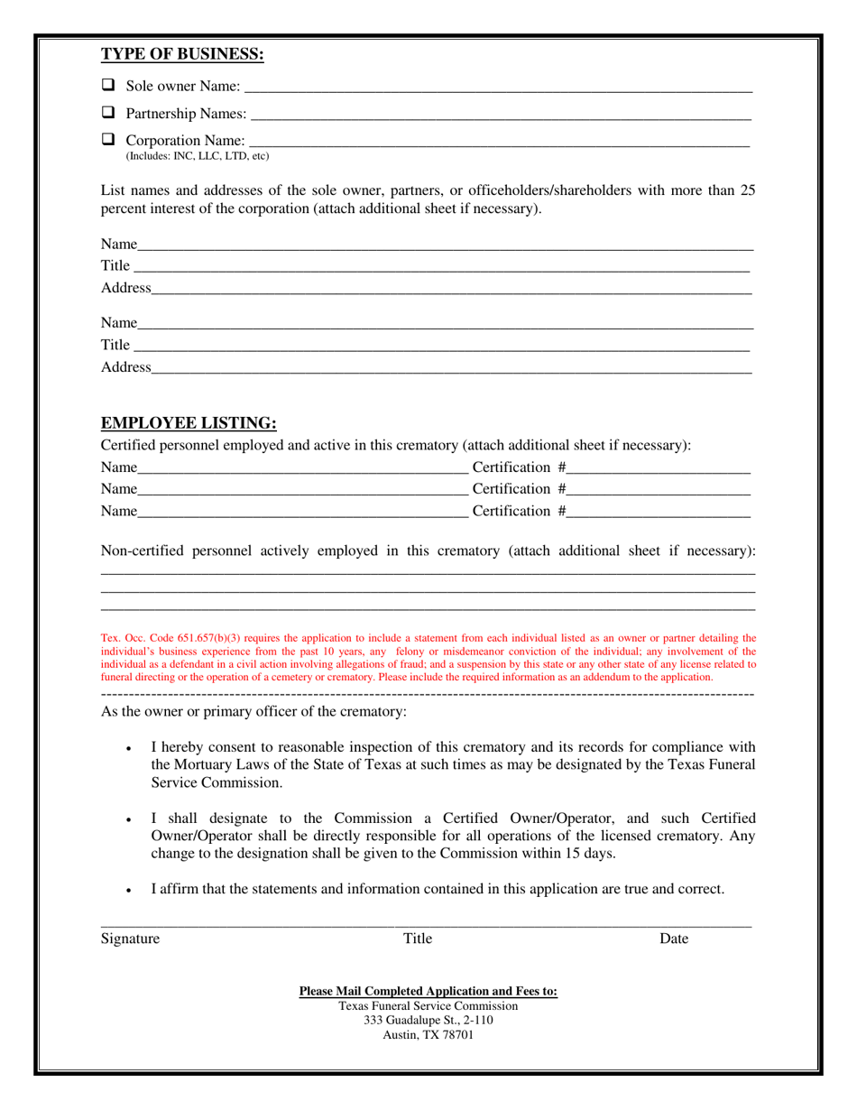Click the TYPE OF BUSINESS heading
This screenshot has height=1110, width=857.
[x=181, y=54]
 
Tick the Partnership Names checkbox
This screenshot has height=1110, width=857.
[x=108, y=113]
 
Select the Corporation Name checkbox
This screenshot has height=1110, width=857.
[x=108, y=140]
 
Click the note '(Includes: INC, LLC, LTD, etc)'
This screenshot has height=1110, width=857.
[x=197, y=156]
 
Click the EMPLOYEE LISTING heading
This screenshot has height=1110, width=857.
[x=188, y=422]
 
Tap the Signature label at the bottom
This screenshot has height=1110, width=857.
[x=130, y=939]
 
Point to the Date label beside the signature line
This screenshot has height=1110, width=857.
[x=674, y=939]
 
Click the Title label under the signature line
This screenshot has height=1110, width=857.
[x=417, y=939]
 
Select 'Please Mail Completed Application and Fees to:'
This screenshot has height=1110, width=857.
[x=428, y=991]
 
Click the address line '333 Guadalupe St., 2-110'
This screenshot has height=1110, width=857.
[x=428, y=1020]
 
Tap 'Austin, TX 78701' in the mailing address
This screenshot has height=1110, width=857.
[x=428, y=1035]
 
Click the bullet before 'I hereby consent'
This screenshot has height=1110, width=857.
[x=131, y=749]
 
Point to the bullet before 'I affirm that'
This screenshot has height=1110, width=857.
[x=131, y=891]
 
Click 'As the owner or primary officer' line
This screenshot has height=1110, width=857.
[x=253, y=712]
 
